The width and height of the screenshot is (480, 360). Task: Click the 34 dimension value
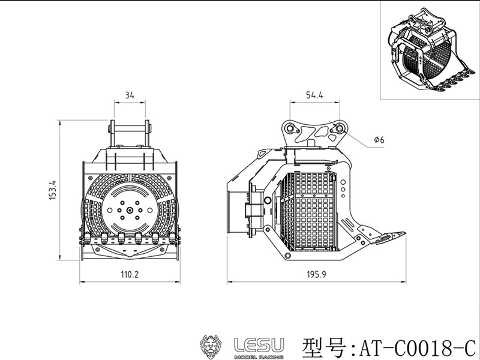(x=130, y=95)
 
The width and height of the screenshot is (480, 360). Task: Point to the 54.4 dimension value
(x=315, y=95)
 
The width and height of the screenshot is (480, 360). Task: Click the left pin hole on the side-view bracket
(x=290, y=128)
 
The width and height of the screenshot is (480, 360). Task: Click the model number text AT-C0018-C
(x=417, y=346)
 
